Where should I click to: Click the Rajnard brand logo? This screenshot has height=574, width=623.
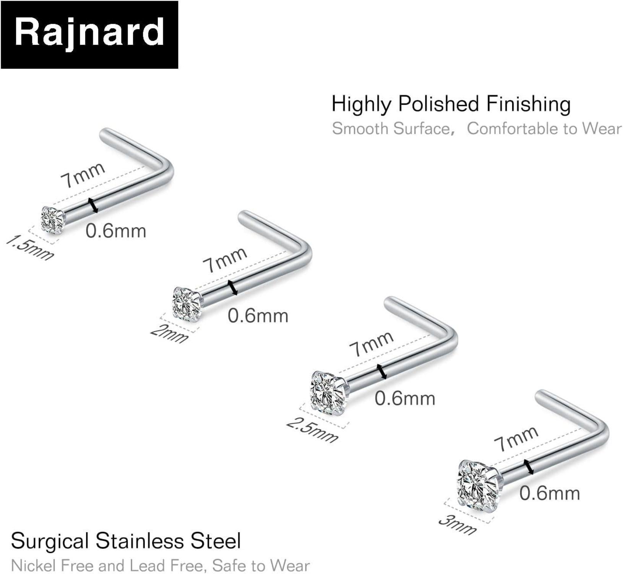(89, 34)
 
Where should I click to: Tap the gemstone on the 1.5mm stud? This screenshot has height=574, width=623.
(53, 220)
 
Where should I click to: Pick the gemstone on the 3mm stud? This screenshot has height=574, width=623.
(477, 485)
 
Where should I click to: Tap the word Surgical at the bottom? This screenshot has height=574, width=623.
(50, 541)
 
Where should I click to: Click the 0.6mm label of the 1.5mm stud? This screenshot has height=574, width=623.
(116, 231)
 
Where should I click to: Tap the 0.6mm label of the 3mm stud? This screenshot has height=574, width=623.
(550, 493)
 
